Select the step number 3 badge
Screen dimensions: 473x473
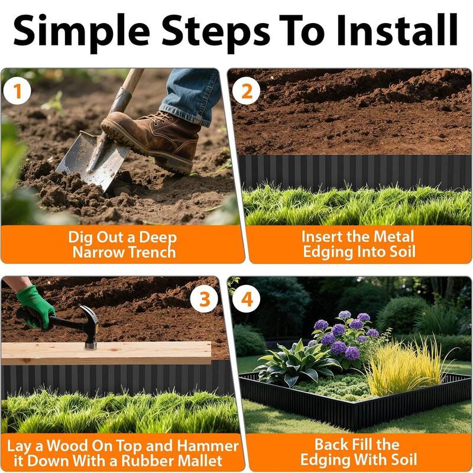204,299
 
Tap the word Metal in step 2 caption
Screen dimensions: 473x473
393,237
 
